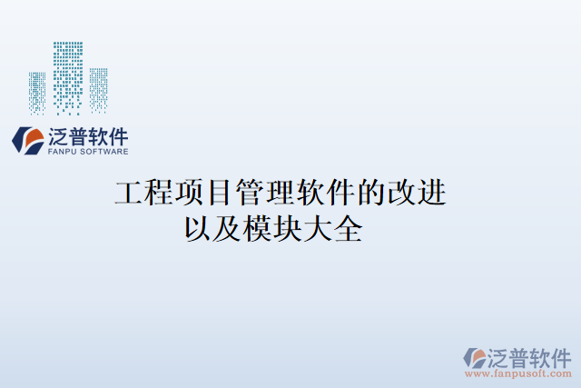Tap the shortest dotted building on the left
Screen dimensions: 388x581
(37, 93)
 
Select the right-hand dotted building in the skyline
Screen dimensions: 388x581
(96, 87)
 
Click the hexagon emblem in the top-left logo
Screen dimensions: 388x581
(27, 140)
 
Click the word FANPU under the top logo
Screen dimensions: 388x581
(62, 152)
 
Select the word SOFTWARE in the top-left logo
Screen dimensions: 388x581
(105, 152)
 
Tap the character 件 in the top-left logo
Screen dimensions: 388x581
(117, 137)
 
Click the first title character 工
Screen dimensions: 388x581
(129, 193)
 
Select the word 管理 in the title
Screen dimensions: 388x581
(264, 193)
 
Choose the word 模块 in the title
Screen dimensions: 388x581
(273, 226)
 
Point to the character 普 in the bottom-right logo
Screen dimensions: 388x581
(516, 355)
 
